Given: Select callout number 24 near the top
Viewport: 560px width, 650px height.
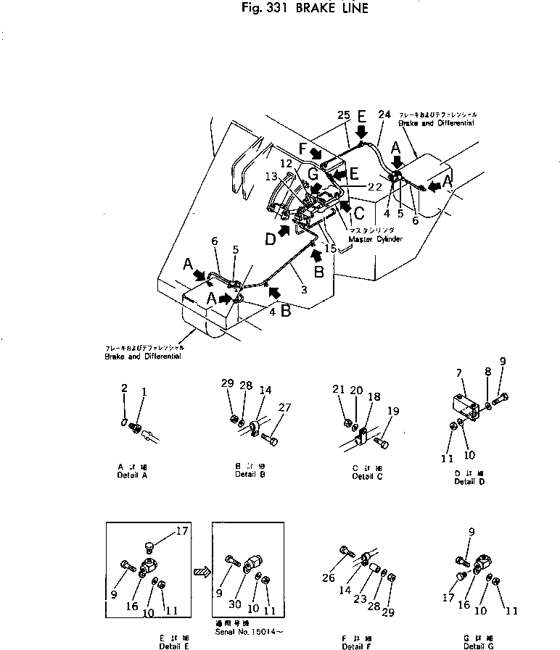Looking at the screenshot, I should pyautogui.click(x=384, y=114).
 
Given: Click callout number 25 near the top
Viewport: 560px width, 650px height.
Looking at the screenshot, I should pyautogui.click(x=343, y=114).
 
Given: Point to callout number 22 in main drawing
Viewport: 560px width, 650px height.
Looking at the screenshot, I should pyautogui.click(x=374, y=186).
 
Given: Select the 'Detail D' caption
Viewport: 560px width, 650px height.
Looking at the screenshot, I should pyautogui.click(x=464, y=481).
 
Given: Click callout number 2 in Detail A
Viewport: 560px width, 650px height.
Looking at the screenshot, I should pyautogui.click(x=124, y=388).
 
